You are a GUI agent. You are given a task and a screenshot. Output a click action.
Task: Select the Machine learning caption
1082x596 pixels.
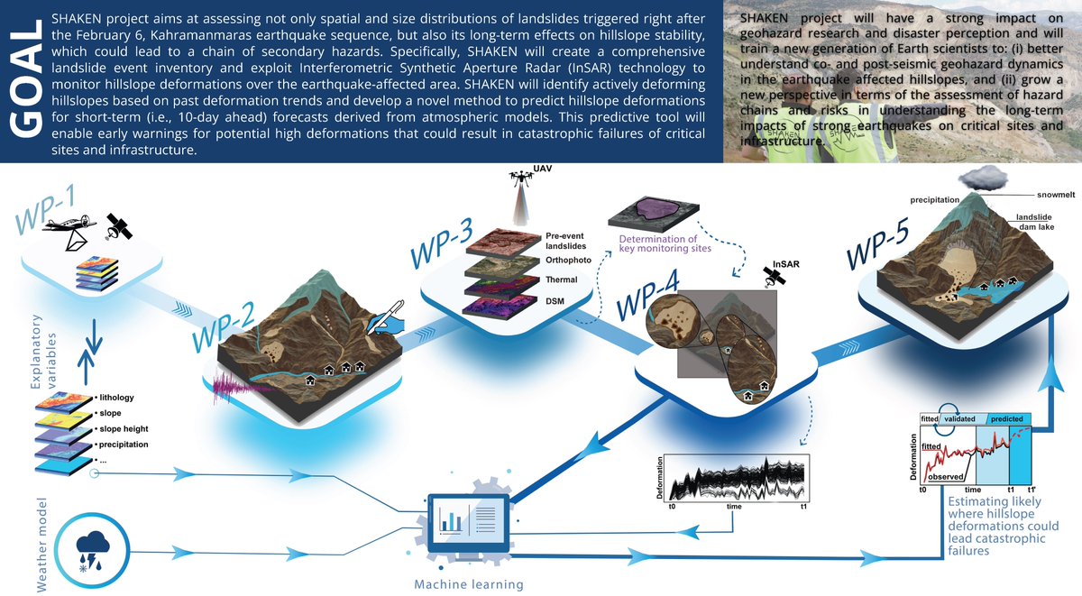pos(468,584)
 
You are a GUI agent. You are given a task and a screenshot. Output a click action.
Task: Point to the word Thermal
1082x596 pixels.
pos(562,280)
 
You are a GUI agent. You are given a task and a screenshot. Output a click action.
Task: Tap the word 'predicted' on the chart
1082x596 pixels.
pos(1007,419)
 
